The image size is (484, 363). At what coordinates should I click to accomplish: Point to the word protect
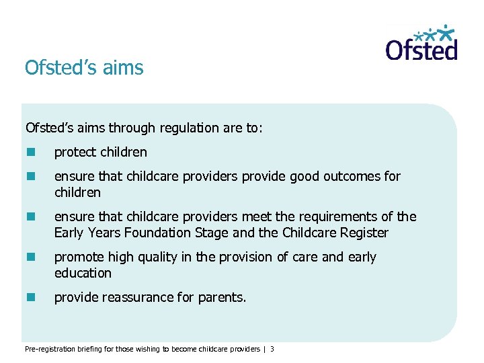coord(75,153)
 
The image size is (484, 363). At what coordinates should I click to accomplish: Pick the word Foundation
coord(162,233)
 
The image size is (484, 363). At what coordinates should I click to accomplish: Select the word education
coord(83,273)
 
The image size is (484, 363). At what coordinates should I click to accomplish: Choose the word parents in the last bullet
coord(222,297)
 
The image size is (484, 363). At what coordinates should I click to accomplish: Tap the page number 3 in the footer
coord(272,349)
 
